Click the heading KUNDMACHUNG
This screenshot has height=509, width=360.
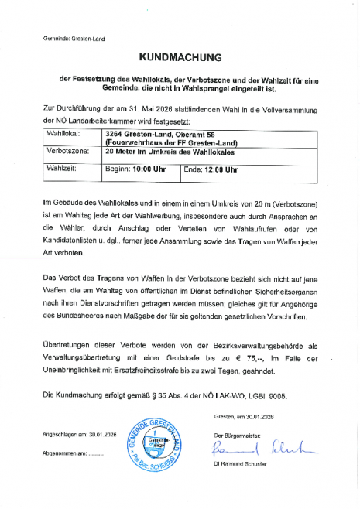tap(180, 57)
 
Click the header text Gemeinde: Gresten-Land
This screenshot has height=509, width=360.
tap(74, 38)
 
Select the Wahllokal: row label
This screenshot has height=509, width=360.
tap(64, 134)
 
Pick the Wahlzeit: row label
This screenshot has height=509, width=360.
tap(63, 168)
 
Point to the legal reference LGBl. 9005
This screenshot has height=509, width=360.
tap(265, 396)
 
